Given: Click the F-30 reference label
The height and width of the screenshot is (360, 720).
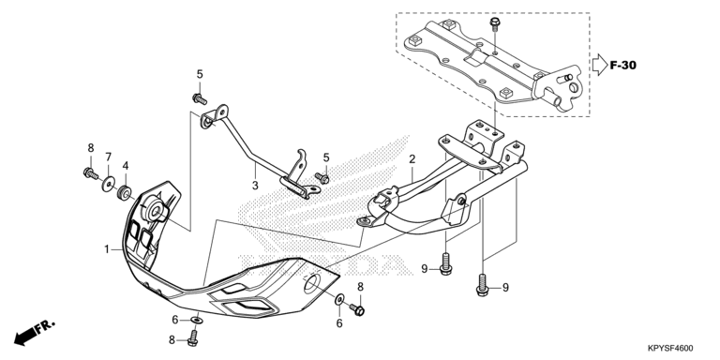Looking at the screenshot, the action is pos(623,66).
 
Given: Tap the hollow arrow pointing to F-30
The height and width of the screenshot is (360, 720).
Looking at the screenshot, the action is pos(599,65).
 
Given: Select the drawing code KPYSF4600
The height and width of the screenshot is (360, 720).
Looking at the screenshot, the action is pos(670,349).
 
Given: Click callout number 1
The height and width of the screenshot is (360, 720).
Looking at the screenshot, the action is pos(107,249).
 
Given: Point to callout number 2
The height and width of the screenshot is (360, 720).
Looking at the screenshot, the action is pos(412,159).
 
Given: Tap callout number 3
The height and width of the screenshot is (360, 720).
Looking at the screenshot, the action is pos(255,186).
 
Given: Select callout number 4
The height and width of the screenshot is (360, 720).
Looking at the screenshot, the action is pos(125,165).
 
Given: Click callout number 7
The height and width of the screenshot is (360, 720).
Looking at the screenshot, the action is pos(109,157).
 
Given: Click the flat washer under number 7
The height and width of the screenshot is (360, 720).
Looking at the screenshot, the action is pos(109,185).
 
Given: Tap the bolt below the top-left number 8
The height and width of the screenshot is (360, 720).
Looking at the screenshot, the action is pos(90,174).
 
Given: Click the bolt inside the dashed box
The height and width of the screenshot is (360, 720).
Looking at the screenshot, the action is pos(495,24).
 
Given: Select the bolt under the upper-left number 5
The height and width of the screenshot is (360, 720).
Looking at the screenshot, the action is pos(200,98).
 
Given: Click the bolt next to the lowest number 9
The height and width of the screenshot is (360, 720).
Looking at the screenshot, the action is pos(482,285).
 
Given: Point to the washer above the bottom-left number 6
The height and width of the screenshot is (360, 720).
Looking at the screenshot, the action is pos(196,319).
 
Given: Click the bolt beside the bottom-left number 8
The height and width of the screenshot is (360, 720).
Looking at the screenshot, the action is pos(193,337).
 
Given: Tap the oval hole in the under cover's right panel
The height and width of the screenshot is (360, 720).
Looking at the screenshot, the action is pos(311,284).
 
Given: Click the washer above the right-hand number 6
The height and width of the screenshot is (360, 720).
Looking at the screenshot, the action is pos(338,299).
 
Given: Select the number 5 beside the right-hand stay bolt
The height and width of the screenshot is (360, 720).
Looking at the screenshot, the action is pos(326,157).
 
